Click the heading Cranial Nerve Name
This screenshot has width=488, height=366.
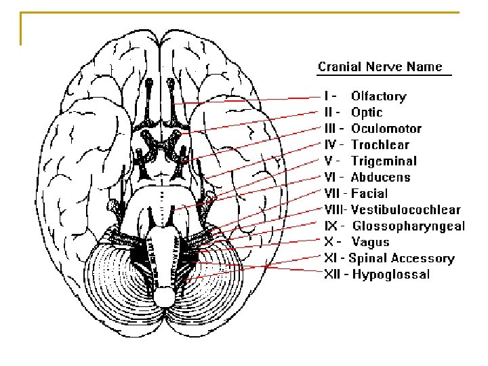click(380, 66)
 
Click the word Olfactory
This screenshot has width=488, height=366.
click(378, 96)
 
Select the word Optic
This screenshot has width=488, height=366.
click(367, 113)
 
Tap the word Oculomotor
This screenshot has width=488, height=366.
click(386, 129)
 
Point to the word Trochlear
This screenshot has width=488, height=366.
click(380, 145)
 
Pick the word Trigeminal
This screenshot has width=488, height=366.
click(384, 161)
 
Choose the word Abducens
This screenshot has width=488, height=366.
click(380, 178)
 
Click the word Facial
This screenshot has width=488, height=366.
click(369, 194)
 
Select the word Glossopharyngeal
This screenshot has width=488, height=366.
click(409, 226)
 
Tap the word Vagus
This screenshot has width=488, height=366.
click(371, 242)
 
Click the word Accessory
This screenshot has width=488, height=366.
click(422, 258)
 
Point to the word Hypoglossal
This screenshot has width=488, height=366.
click(391, 274)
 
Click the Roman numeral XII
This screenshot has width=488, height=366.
click(331, 274)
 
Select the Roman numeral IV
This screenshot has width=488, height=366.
click(330, 145)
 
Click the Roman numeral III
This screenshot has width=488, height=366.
click(330, 129)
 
